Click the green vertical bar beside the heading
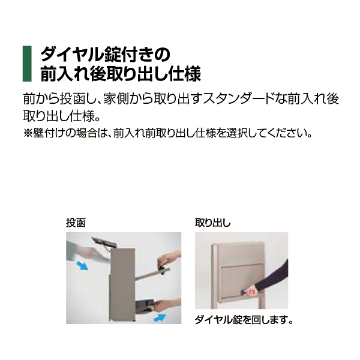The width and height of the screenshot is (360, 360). [x=27, y=64]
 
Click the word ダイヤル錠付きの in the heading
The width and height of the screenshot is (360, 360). [x=106, y=54]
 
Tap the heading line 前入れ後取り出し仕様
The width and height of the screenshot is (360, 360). [x=121, y=73]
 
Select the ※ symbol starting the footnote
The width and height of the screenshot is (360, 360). [x=28, y=133]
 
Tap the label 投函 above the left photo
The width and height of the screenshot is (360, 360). [x=76, y=223]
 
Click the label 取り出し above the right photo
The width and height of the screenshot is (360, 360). [x=212, y=223]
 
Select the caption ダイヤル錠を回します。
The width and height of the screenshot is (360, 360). [x=244, y=319]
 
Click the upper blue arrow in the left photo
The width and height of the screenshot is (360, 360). [x=82, y=265]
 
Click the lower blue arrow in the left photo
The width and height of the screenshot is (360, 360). [x=160, y=317]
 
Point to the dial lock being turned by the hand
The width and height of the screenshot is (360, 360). [x=243, y=292]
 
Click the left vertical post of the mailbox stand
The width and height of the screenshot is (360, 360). [x=214, y=276]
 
